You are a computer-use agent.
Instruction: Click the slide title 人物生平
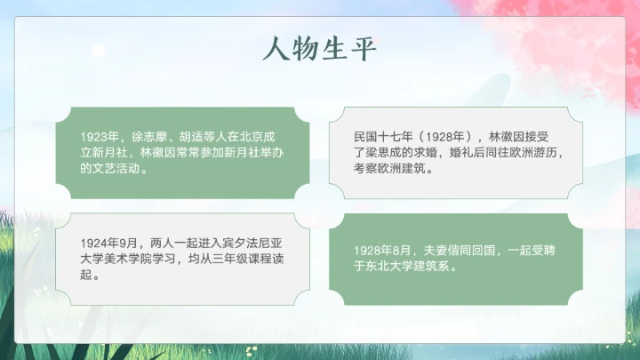[x=320, y=48]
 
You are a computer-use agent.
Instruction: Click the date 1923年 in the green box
[x=100, y=137]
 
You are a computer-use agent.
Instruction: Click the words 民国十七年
[x=381, y=137]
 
